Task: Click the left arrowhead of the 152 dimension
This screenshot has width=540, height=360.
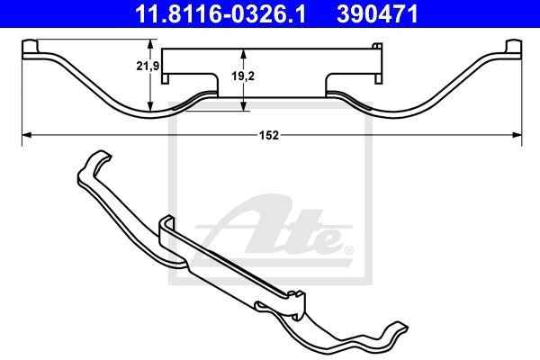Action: pyautogui.click(x=24, y=135)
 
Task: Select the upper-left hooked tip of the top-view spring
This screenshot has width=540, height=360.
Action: pyautogui.click(x=28, y=47)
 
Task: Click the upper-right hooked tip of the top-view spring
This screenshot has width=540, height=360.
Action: pyautogui.click(x=514, y=47)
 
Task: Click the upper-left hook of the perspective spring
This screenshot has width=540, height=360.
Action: pyautogui.click(x=93, y=165)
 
